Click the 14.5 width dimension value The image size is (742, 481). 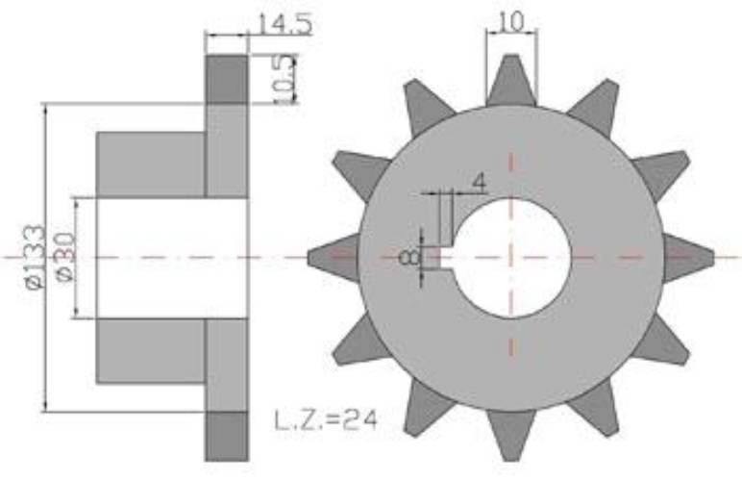[284, 25]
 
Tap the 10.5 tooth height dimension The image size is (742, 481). [284, 78]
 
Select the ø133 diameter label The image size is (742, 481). [35, 257]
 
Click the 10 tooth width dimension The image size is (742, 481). [511, 21]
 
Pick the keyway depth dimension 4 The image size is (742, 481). [480, 182]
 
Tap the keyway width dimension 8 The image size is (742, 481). [409, 258]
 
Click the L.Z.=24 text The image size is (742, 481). [326, 419]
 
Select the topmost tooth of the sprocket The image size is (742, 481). [511, 81]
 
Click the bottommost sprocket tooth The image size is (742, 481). [511, 435]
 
